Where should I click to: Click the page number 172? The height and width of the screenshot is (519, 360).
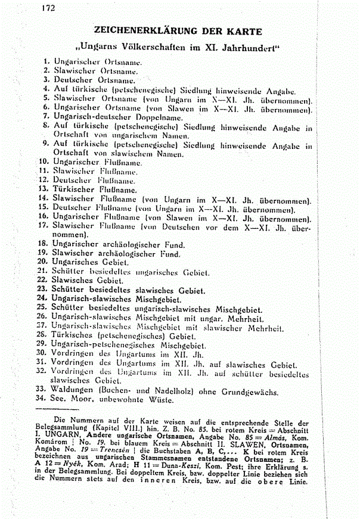point(49,8)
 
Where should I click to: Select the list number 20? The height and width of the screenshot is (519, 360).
point(44,262)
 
